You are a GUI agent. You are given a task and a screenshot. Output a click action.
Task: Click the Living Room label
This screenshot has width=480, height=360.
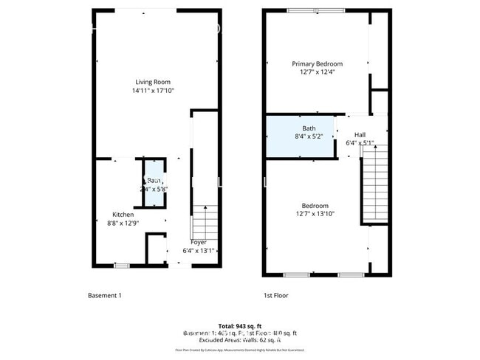(x=154, y=82)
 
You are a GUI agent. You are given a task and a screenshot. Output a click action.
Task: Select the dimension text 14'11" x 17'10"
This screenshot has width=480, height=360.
(x=154, y=91)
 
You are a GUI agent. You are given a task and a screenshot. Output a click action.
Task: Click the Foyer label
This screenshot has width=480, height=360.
(x=199, y=242)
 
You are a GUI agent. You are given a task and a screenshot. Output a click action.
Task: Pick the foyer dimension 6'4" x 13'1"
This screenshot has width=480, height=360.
(x=199, y=251)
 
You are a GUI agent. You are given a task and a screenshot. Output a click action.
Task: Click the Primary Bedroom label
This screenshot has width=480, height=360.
(x=318, y=63)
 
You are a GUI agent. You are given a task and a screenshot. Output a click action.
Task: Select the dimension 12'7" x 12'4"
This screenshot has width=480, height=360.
(x=318, y=72)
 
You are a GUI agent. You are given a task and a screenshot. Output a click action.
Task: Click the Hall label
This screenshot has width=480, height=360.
(x=360, y=134)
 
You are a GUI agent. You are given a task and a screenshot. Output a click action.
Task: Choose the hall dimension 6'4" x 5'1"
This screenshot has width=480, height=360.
(x=360, y=143)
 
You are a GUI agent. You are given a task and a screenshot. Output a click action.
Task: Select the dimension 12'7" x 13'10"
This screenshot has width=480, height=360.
(x=315, y=214)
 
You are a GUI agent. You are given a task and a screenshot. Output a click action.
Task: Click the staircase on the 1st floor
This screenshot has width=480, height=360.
(x=374, y=184)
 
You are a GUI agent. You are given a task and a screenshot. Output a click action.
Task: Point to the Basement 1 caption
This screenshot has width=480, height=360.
(x=104, y=295)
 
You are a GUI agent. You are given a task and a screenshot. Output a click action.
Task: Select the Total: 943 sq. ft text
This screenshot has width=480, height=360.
(x=240, y=326)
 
